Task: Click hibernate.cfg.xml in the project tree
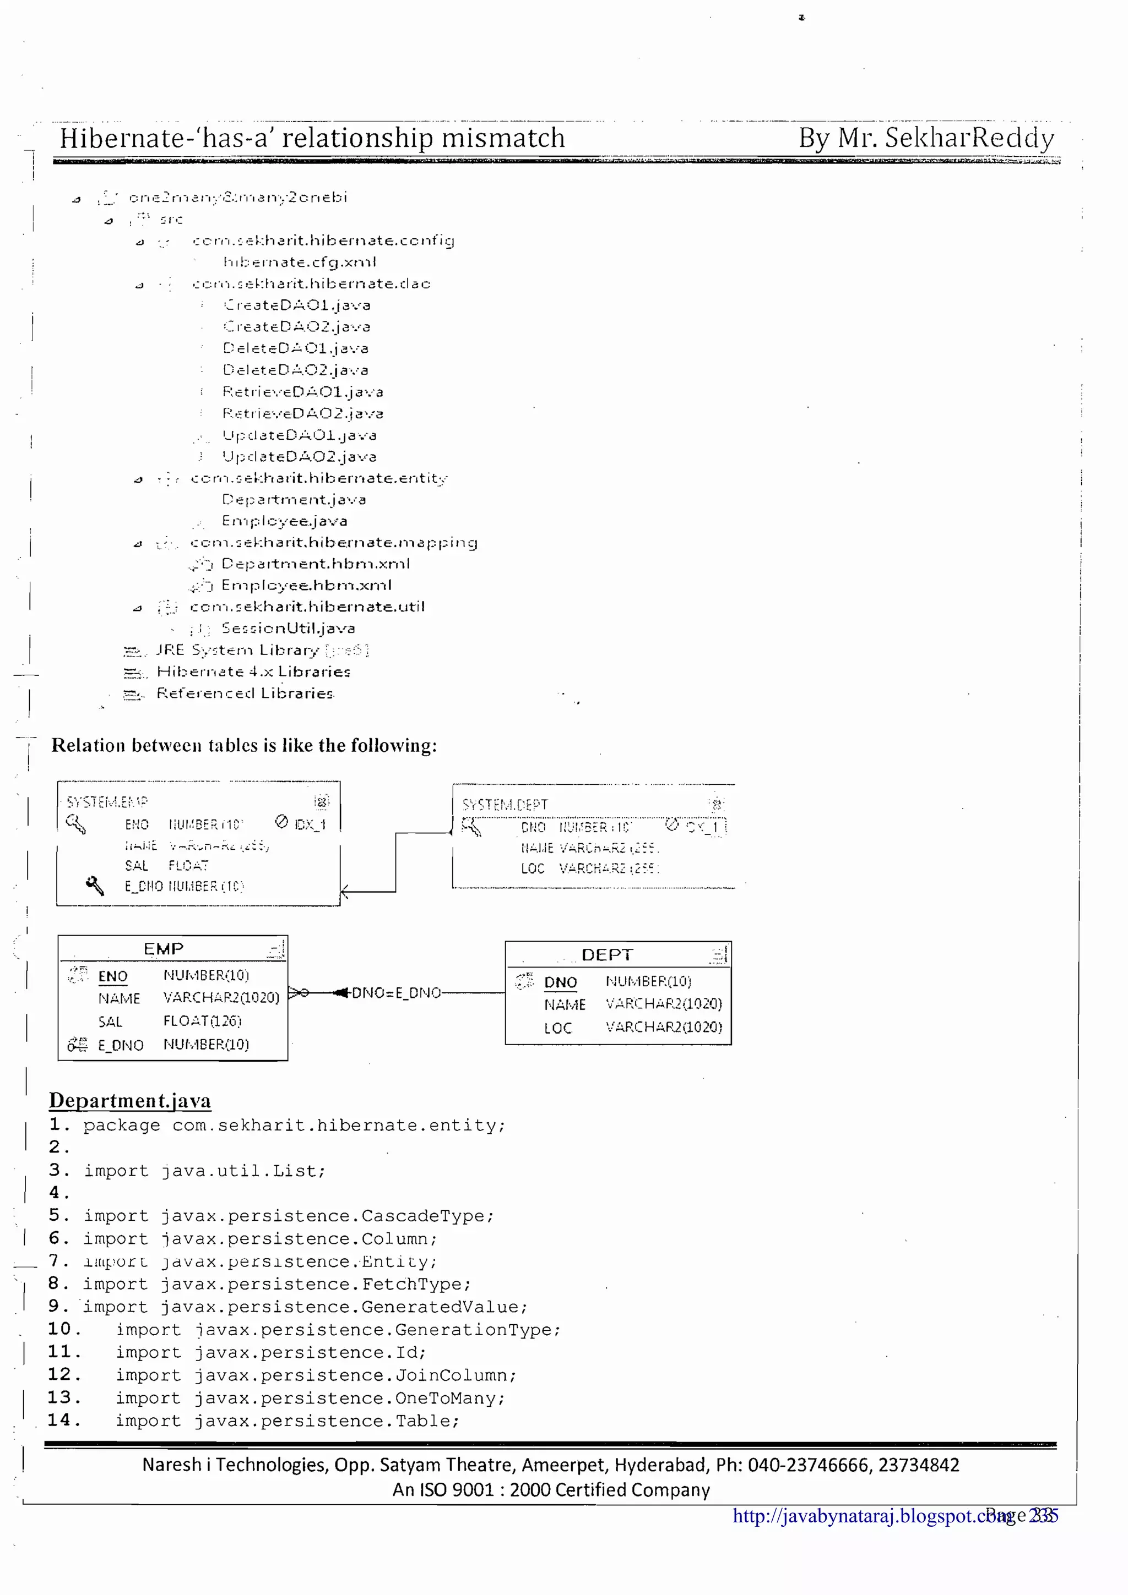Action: pos(300,262)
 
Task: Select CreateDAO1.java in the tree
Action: pos(297,305)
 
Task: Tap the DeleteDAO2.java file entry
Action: pos(295,369)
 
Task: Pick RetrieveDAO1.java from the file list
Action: pos(302,392)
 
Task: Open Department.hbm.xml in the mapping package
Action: pos(316,564)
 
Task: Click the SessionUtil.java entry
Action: pos(288,628)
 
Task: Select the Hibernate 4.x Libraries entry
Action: pos(253,672)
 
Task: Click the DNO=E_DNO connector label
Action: pos(396,993)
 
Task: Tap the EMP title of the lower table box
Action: pos(164,949)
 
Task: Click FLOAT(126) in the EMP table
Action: pos(202,1020)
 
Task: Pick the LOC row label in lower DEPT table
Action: pos(557,1028)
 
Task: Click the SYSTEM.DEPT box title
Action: pos(505,805)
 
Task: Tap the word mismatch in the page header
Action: pos(503,138)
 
